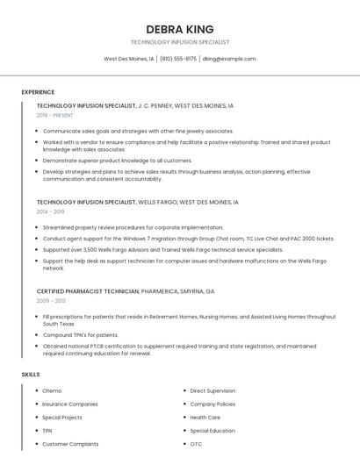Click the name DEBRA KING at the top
[179, 29]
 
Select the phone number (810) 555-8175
[178, 59]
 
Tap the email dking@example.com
[228, 59]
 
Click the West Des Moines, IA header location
[129, 59]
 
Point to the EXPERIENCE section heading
[38, 92]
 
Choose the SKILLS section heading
[31, 375]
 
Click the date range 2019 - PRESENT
[55, 115]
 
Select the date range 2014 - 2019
[51, 211]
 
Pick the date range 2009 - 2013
[50, 300]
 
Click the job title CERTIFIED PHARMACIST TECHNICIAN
[88, 290]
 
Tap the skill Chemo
[52, 390]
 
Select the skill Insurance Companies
[70, 404]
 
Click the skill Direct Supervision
[212, 390]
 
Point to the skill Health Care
[205, 418]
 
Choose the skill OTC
[196, 445]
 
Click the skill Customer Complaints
[70, 445]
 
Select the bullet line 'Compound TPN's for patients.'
[81, 334]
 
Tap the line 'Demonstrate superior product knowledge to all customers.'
[118, 161]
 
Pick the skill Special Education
[212, 431]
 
